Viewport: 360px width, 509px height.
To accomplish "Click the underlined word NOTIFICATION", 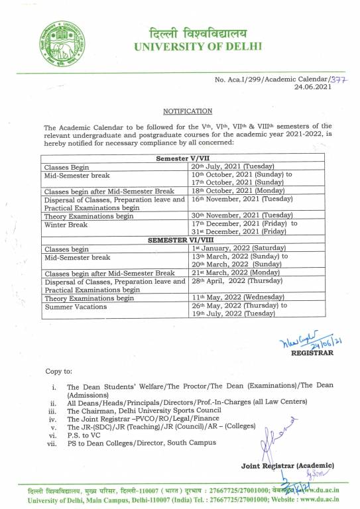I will coord(188,111).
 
